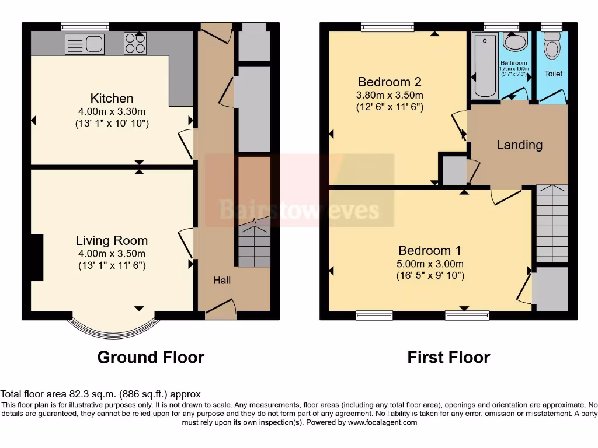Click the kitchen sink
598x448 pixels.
tap(85, 44)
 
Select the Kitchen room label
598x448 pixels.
tap(112, 99)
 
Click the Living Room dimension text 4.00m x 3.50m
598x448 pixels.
tap(112, 253)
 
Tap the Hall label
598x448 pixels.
tap(222, 281)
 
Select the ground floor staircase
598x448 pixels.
tap(253, 244)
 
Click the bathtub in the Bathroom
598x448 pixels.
tap(484, 66)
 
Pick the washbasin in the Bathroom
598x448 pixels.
tap(514, 43)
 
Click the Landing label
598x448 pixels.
tap(519, 145)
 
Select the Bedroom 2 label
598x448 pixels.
tap(390, 82)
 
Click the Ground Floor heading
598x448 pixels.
tap(151, 357)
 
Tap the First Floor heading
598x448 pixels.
tap(448, 357)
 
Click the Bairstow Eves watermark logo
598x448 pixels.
tap(299, 209)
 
